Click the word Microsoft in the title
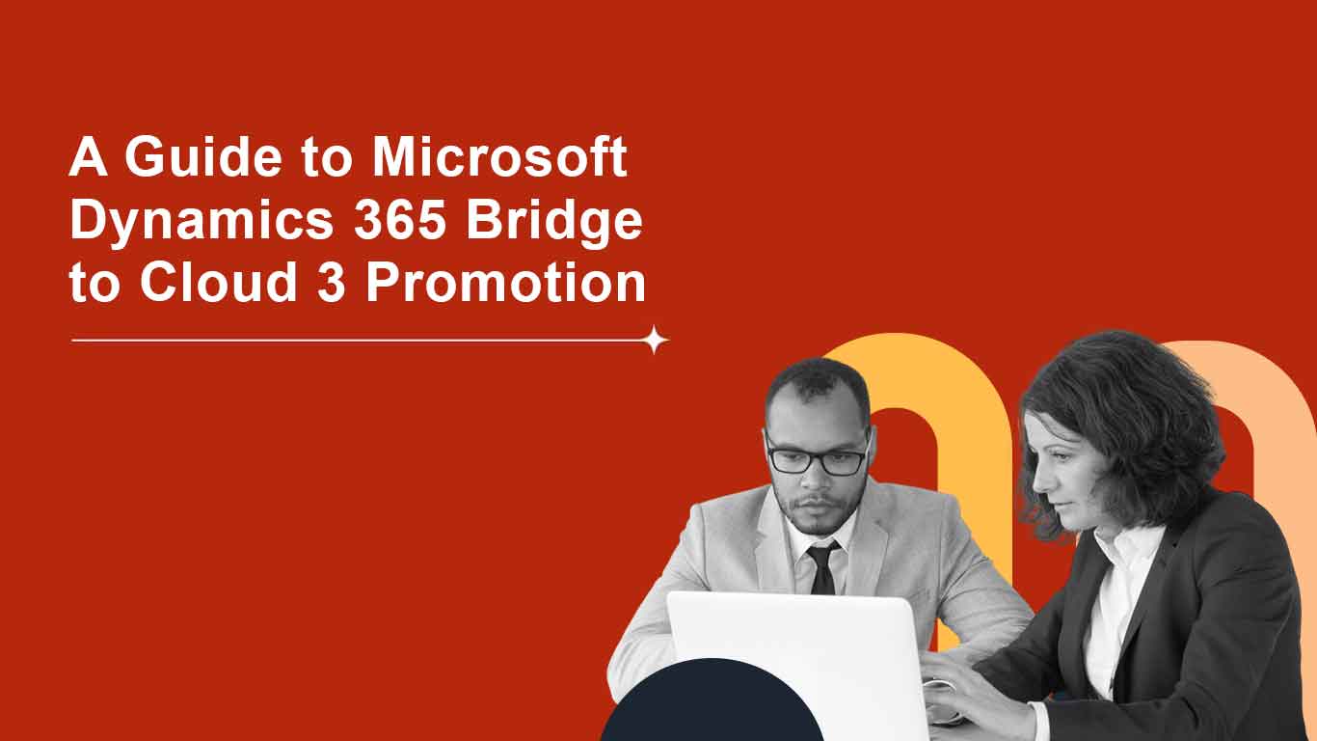pos(499,157)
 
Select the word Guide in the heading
pos(198,157)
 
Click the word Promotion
pos(506,284)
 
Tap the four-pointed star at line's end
pos(656,340)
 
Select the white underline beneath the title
pos(357,341)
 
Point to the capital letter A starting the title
pos(88,157)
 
